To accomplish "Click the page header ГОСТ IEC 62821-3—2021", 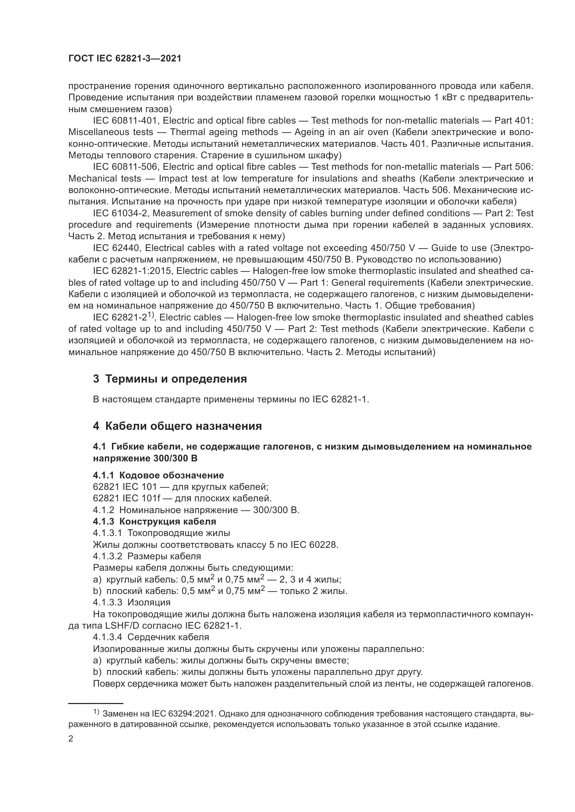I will coord(125,58).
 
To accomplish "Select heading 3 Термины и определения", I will coord(170,379).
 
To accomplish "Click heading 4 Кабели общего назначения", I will coord(177,426).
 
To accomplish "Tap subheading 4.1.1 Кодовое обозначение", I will coord(158,475).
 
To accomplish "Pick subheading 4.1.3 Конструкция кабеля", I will coord(154,521).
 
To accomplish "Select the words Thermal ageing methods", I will coord(224,132).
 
